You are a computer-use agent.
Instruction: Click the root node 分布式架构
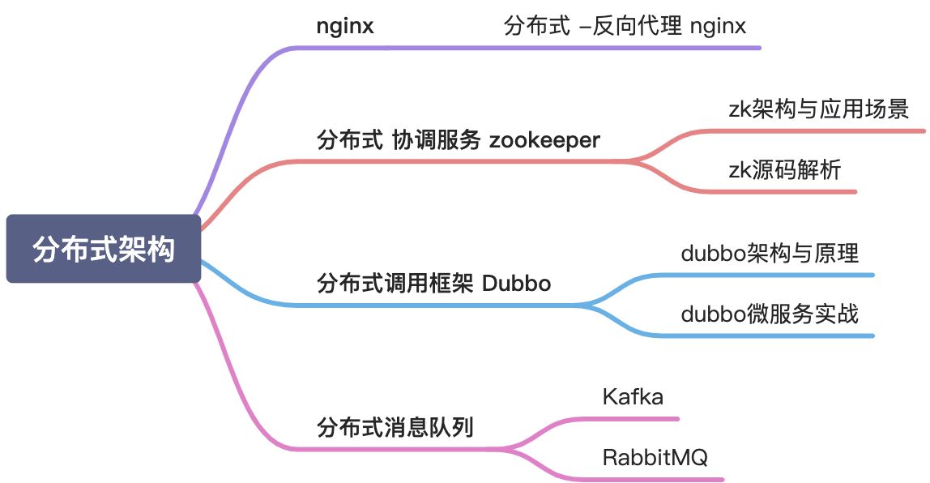coord(103,249)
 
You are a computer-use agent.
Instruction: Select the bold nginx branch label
coord(344,26)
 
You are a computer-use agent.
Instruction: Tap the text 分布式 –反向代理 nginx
coord(625,26)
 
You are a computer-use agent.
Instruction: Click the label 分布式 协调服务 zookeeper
coord(459,139)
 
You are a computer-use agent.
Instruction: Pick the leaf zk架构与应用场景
coord(819,109)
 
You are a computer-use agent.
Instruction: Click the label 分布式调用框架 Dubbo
coord(434,284)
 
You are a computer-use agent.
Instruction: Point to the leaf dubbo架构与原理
coord(770,253)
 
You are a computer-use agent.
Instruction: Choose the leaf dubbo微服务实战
coord(770,314)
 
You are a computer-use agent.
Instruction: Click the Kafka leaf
coord(633,397)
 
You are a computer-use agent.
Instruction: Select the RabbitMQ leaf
coord(655,457)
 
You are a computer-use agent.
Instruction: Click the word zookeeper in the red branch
coord(544,139)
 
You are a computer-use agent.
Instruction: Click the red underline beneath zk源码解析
coord(778,192)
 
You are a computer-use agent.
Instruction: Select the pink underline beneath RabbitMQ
coord(656,479)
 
